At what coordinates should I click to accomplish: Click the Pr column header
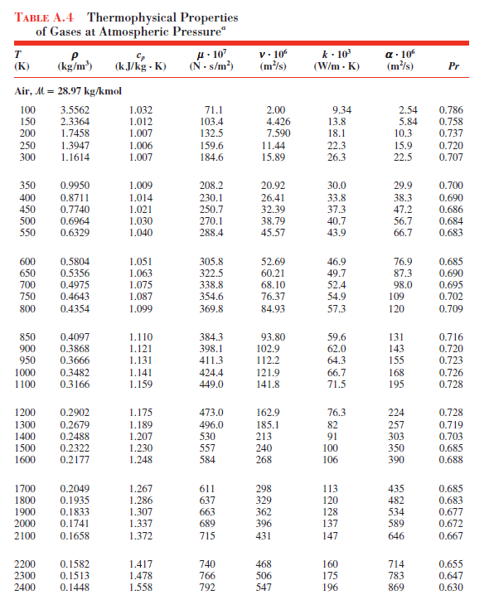(x=453, y=66)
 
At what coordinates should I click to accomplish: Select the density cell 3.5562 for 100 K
(x=76, y=109)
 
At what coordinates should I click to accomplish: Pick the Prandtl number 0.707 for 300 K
(x=451, y=157)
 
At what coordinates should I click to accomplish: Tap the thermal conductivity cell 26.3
(x=338, y=157)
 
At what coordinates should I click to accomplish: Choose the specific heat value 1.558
(x=141, y=588)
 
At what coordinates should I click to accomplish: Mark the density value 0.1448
(x=76, y=588)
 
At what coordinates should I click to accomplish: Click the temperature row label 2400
(x=27, y=588)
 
